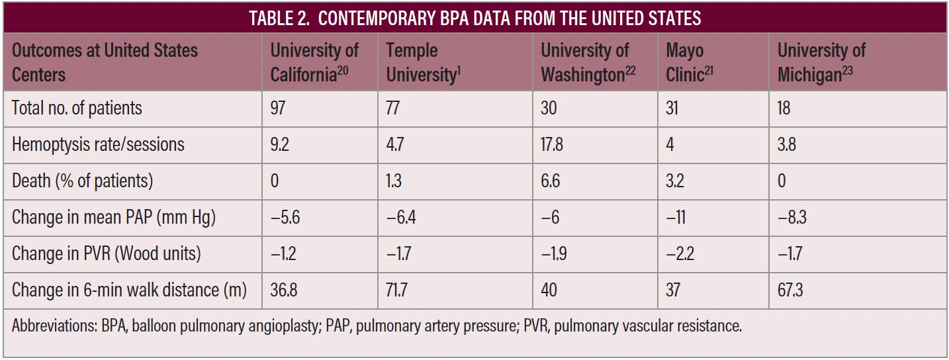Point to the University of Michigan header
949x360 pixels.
pyautogui.click(x=821, y=62)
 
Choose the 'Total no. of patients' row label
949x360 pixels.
pyautogui.click(x=77, y=108)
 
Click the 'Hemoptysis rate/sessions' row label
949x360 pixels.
pyautogui.click(x=99, y=144)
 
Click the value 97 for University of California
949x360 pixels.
pyautogui.click(x=278, y=108)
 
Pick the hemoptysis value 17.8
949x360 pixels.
pyautogui.click(x=552, y=144)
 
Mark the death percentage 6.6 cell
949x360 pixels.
pyautogui.click(x=550, y=181)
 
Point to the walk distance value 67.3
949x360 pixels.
pyautogui.click(x=790, y=290)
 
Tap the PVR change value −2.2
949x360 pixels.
pyautogui.click(x=680, y=253)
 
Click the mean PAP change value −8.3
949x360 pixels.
pyautogui.click(x=792, y=217)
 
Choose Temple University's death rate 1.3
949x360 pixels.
pyautogui.click(x=394, y=181)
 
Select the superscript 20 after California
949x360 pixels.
pyautogui.click(x=342, y=69)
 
